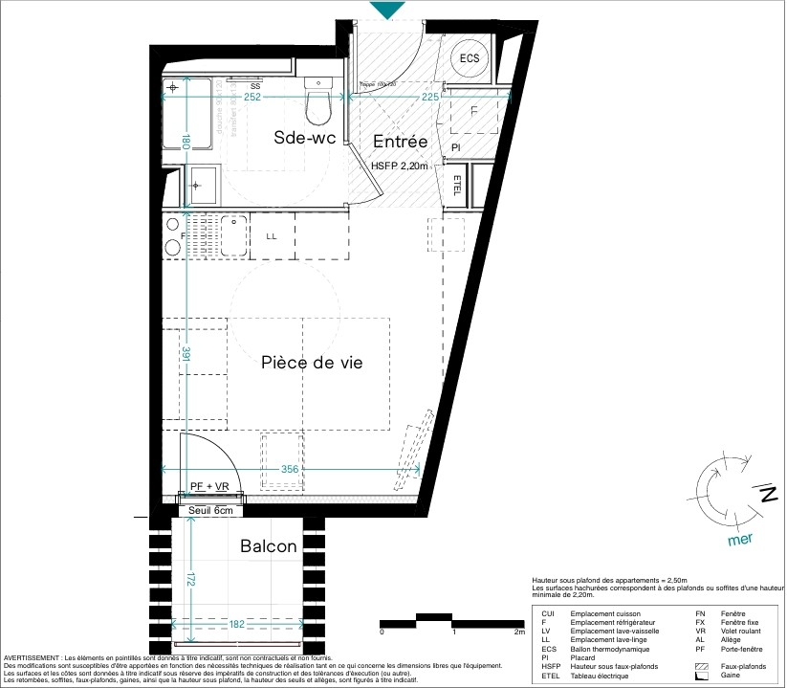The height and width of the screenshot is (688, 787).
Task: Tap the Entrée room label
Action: tap(400, 141)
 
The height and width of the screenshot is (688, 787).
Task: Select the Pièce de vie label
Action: tap(312, 363)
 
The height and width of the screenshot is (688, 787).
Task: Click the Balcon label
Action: tap(268, 546)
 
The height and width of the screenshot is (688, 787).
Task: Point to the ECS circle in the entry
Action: tap(469, 58)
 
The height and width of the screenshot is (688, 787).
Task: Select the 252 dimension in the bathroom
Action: tap(252, 97)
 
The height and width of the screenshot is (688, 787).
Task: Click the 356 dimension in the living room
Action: tap(291, 469)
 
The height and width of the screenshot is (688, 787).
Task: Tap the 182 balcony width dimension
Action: tap(238, 624)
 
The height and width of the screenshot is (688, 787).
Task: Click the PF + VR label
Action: tap(209, 487)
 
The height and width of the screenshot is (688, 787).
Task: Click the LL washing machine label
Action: tap(272, 236)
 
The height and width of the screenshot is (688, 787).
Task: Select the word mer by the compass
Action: tap(740, 539)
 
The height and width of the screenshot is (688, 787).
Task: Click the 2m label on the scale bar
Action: tap(520, 633)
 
